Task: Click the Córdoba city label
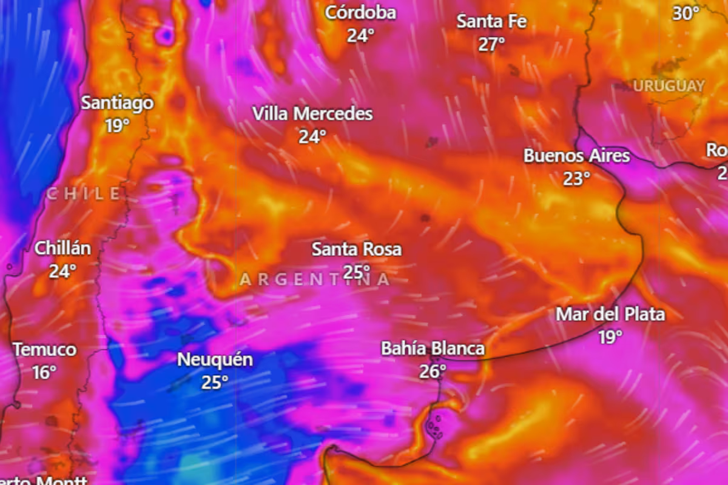[360, 13]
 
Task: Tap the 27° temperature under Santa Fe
[491, 44]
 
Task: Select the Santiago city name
[117, 102]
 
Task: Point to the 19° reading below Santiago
[117, 125]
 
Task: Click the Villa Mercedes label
[312, 113]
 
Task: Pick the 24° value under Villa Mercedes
[312, 137]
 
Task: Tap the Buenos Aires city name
[576, 156]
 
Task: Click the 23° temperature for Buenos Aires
[576, 179]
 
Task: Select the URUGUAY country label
[669, 86]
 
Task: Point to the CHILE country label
[84, 194]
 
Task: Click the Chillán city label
[62, 248]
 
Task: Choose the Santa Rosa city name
[356, 249]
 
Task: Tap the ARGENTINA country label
[315, 279]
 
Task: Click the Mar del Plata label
[610, 314]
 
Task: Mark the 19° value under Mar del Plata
[610, 337]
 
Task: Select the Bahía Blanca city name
[433, 349]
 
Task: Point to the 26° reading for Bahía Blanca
[433, 371]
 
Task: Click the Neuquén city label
[215, 360]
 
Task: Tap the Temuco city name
[45, 350]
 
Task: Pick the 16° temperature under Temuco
[44, 372]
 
